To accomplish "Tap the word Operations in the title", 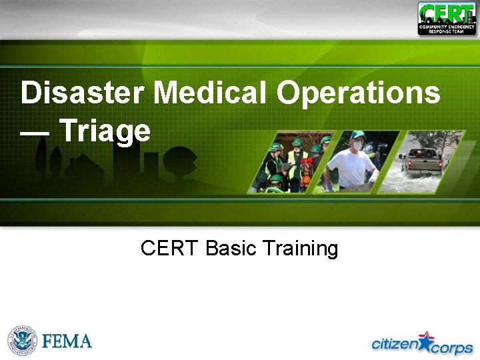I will pyautogui.click(x=358, y=93).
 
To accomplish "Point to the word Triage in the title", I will pyautogui.click(x=105, y=131).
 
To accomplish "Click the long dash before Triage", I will pyautogui.click(x=35, y=131).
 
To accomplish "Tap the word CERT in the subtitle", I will pyautogui.click(x=170, y=249).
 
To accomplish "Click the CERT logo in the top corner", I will pyautogui.click(x=447, y=19).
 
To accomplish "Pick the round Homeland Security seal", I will pyautogui.click(x=23, y=341).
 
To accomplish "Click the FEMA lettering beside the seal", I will pyautogui.click(x=67, y=341).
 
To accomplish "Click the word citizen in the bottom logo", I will pyautogui.click(x=394, y=344).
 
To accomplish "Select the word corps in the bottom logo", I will pyautogui.click(x=451, y=348).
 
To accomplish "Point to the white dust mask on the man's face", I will pyautogui.click(x=357, y=145).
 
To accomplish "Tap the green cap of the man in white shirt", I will pyautogui.click(x=358, y=135).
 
